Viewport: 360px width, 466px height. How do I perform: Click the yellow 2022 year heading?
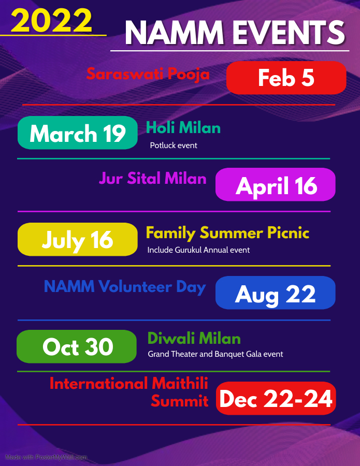click(x=51, y=20)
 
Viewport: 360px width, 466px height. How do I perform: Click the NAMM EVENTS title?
click(x=235, y=33)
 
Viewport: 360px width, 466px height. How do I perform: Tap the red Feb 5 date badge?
click(x=286, y=78)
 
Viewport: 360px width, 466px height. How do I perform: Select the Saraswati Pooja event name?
click(x=148, y=74)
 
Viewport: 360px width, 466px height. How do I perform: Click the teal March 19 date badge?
click(x=78, y=133)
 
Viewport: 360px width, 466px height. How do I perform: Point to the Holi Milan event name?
click(x=183, y=128)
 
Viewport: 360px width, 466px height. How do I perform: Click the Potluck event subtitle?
click(x=174, y=145)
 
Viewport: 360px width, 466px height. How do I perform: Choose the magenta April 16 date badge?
click(x=276, y=184)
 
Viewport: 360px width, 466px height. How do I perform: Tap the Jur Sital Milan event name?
click(x=152, y=178)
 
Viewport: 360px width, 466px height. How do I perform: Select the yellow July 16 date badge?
click(x=78, y=240)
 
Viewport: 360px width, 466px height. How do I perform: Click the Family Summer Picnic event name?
click(x=227, y=233)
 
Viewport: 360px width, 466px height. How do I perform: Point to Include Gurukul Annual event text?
click(x=198, y=250)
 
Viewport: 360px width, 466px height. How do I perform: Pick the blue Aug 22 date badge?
click(x=276, y=293)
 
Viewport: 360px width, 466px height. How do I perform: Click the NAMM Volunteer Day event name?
click(x=125, y=287)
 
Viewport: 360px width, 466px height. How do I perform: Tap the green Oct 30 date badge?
click(x=77, y=346)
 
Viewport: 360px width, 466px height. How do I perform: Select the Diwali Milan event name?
click(x=194, y=338)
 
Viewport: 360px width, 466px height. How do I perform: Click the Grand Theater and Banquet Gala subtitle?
click(x=215, y=354)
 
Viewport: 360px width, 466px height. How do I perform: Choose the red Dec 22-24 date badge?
click(x=276, y=398)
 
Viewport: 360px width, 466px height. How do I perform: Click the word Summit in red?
click(x=180, y=401)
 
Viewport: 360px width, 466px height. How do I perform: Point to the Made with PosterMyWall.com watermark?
click(x=46, y=457)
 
